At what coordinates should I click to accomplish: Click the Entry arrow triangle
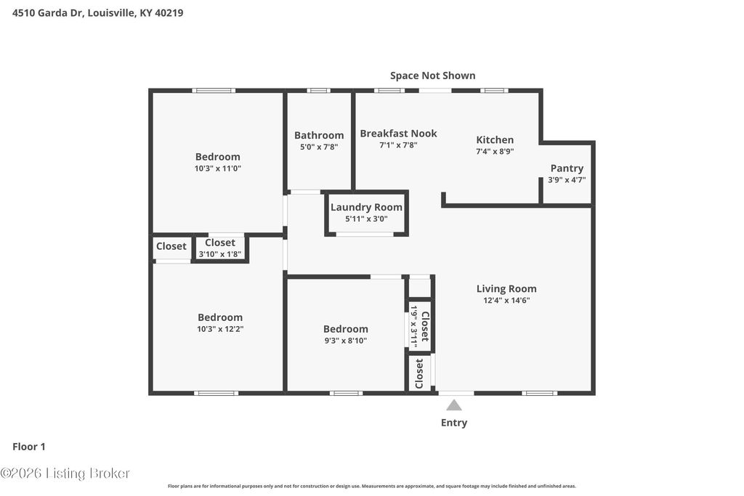[454, 405]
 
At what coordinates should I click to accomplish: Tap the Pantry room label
[567, 168]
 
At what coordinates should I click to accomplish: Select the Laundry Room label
[366, 207]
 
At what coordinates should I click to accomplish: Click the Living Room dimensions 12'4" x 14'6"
[506, 300]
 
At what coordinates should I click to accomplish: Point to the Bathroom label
[319, 135]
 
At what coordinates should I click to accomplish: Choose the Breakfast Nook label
[398, 133]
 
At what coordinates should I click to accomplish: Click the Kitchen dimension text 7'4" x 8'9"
[495, 152]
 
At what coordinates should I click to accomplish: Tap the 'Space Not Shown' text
[432, 76]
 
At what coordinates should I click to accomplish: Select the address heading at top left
[98, 12]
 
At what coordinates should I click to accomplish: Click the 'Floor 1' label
[29, 447]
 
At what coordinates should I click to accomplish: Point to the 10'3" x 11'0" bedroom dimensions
[217, 168]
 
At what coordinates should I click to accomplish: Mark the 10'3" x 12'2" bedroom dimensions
[220, 328]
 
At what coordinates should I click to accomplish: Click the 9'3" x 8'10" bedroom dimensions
[345, 340]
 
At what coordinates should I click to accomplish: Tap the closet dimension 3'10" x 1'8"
[220, 254]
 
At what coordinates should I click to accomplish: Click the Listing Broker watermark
[65, 473]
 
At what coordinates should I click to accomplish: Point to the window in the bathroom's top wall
[318, 91]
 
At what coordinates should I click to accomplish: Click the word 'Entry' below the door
[454, 423]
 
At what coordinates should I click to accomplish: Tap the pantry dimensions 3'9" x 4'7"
[567, 179]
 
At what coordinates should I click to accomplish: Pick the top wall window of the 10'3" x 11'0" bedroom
[214, 91]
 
